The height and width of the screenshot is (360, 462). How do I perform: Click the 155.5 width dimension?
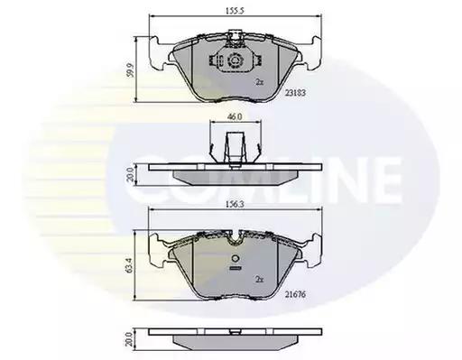tap(235, 11)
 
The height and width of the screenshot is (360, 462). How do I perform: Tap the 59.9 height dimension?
tap(131, 70)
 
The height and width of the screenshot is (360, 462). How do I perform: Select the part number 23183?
tap(295, 93)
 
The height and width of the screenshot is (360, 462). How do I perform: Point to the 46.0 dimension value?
tap(235, 116)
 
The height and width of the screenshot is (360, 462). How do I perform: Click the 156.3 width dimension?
tap(235, 205)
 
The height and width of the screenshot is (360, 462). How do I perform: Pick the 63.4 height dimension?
tap(129, 265)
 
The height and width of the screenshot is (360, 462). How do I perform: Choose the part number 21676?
tap(295, 294)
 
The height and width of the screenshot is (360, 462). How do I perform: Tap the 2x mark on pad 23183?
tap(259, 82)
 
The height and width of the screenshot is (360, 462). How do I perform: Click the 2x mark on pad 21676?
tap(259, 280)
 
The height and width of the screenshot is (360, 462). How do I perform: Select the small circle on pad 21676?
tap(236, 259)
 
